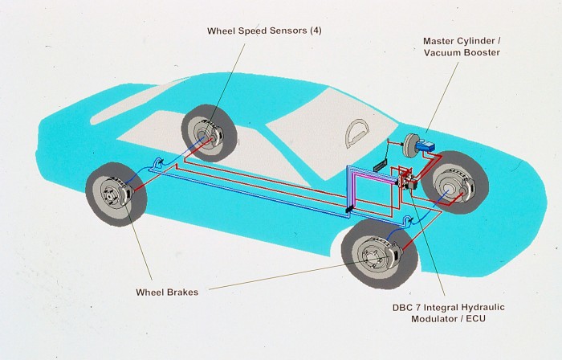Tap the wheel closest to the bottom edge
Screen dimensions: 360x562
click(373, 256)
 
